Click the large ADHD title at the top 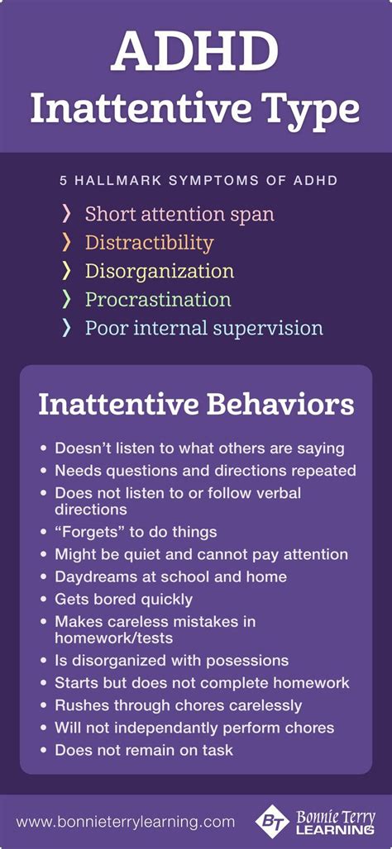click(195, 50)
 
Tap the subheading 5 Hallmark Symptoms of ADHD click(198, 180)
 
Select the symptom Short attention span click(179, 215)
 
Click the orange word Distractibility click(149, 243)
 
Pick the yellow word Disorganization click(160, 271)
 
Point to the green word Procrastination click(158, 300)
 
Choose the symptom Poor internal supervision click(204, 328)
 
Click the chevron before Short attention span click(67, 215)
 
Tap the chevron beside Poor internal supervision click(67, 328)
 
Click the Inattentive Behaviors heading click(196, 406)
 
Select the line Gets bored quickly click(123, 600)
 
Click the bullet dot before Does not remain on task click(44, 751)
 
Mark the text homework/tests click(114, 638)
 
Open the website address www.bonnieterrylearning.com click(125, 822)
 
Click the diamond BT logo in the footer click(273, 822)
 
